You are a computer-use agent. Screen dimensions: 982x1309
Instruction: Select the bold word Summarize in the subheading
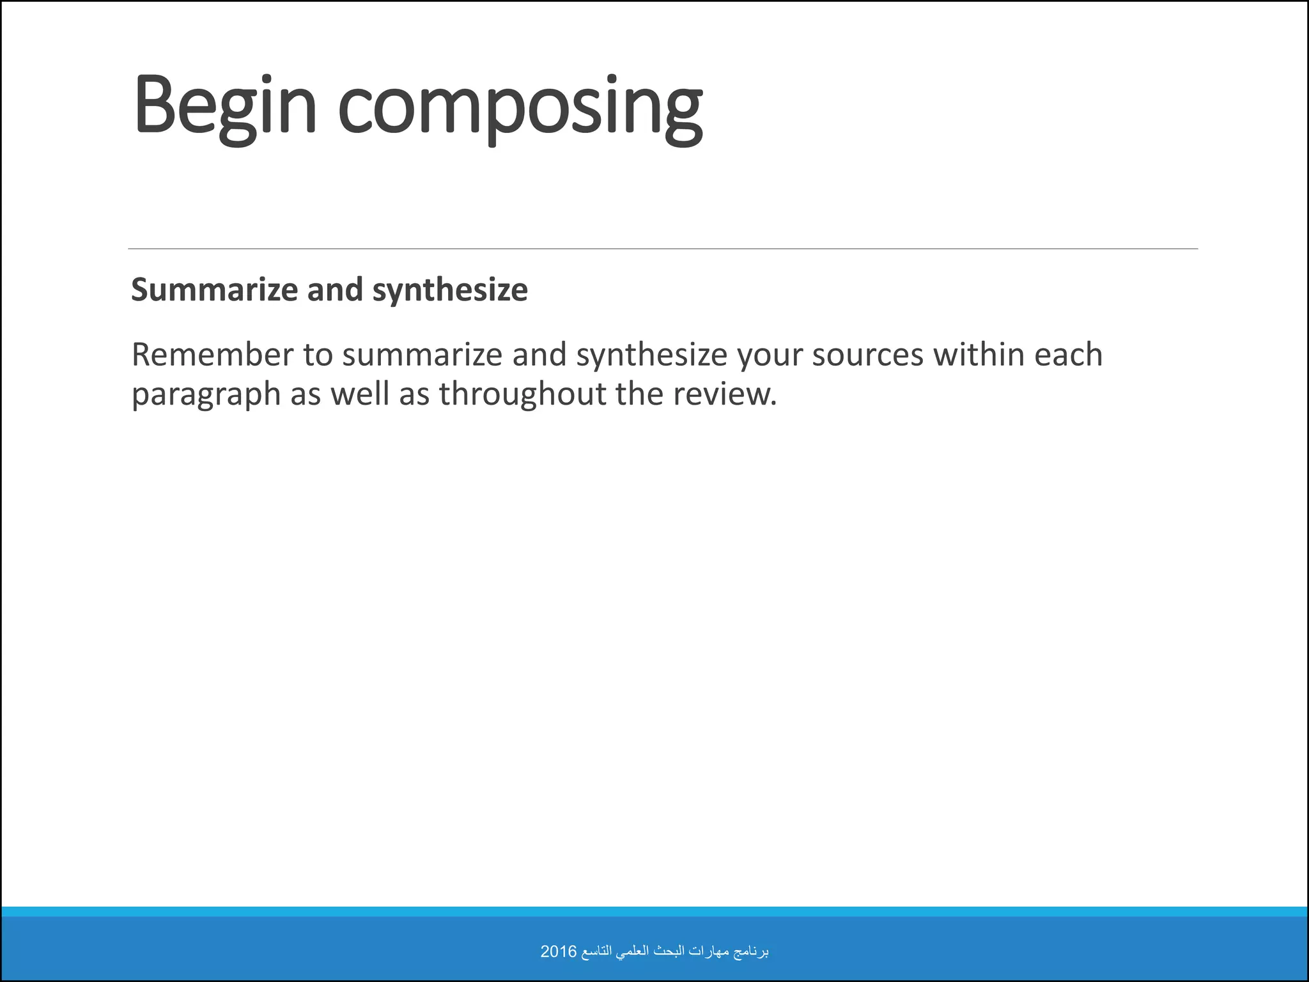(x=215, y=290)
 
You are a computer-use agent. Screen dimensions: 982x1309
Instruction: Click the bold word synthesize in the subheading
(x=450, y=290)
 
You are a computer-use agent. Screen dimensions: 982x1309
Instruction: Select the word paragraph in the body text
(x=206, y=394)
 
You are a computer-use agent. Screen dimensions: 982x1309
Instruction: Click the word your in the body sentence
(x=770, y=355)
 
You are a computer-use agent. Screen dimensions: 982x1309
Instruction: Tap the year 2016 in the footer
(x=558, y=952)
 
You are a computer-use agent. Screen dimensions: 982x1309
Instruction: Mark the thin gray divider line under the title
(x=662, y=249)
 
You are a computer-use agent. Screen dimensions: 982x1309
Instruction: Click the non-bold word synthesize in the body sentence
(x=651, y=355)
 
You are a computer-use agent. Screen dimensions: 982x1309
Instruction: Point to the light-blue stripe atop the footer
(x=654, y=911)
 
